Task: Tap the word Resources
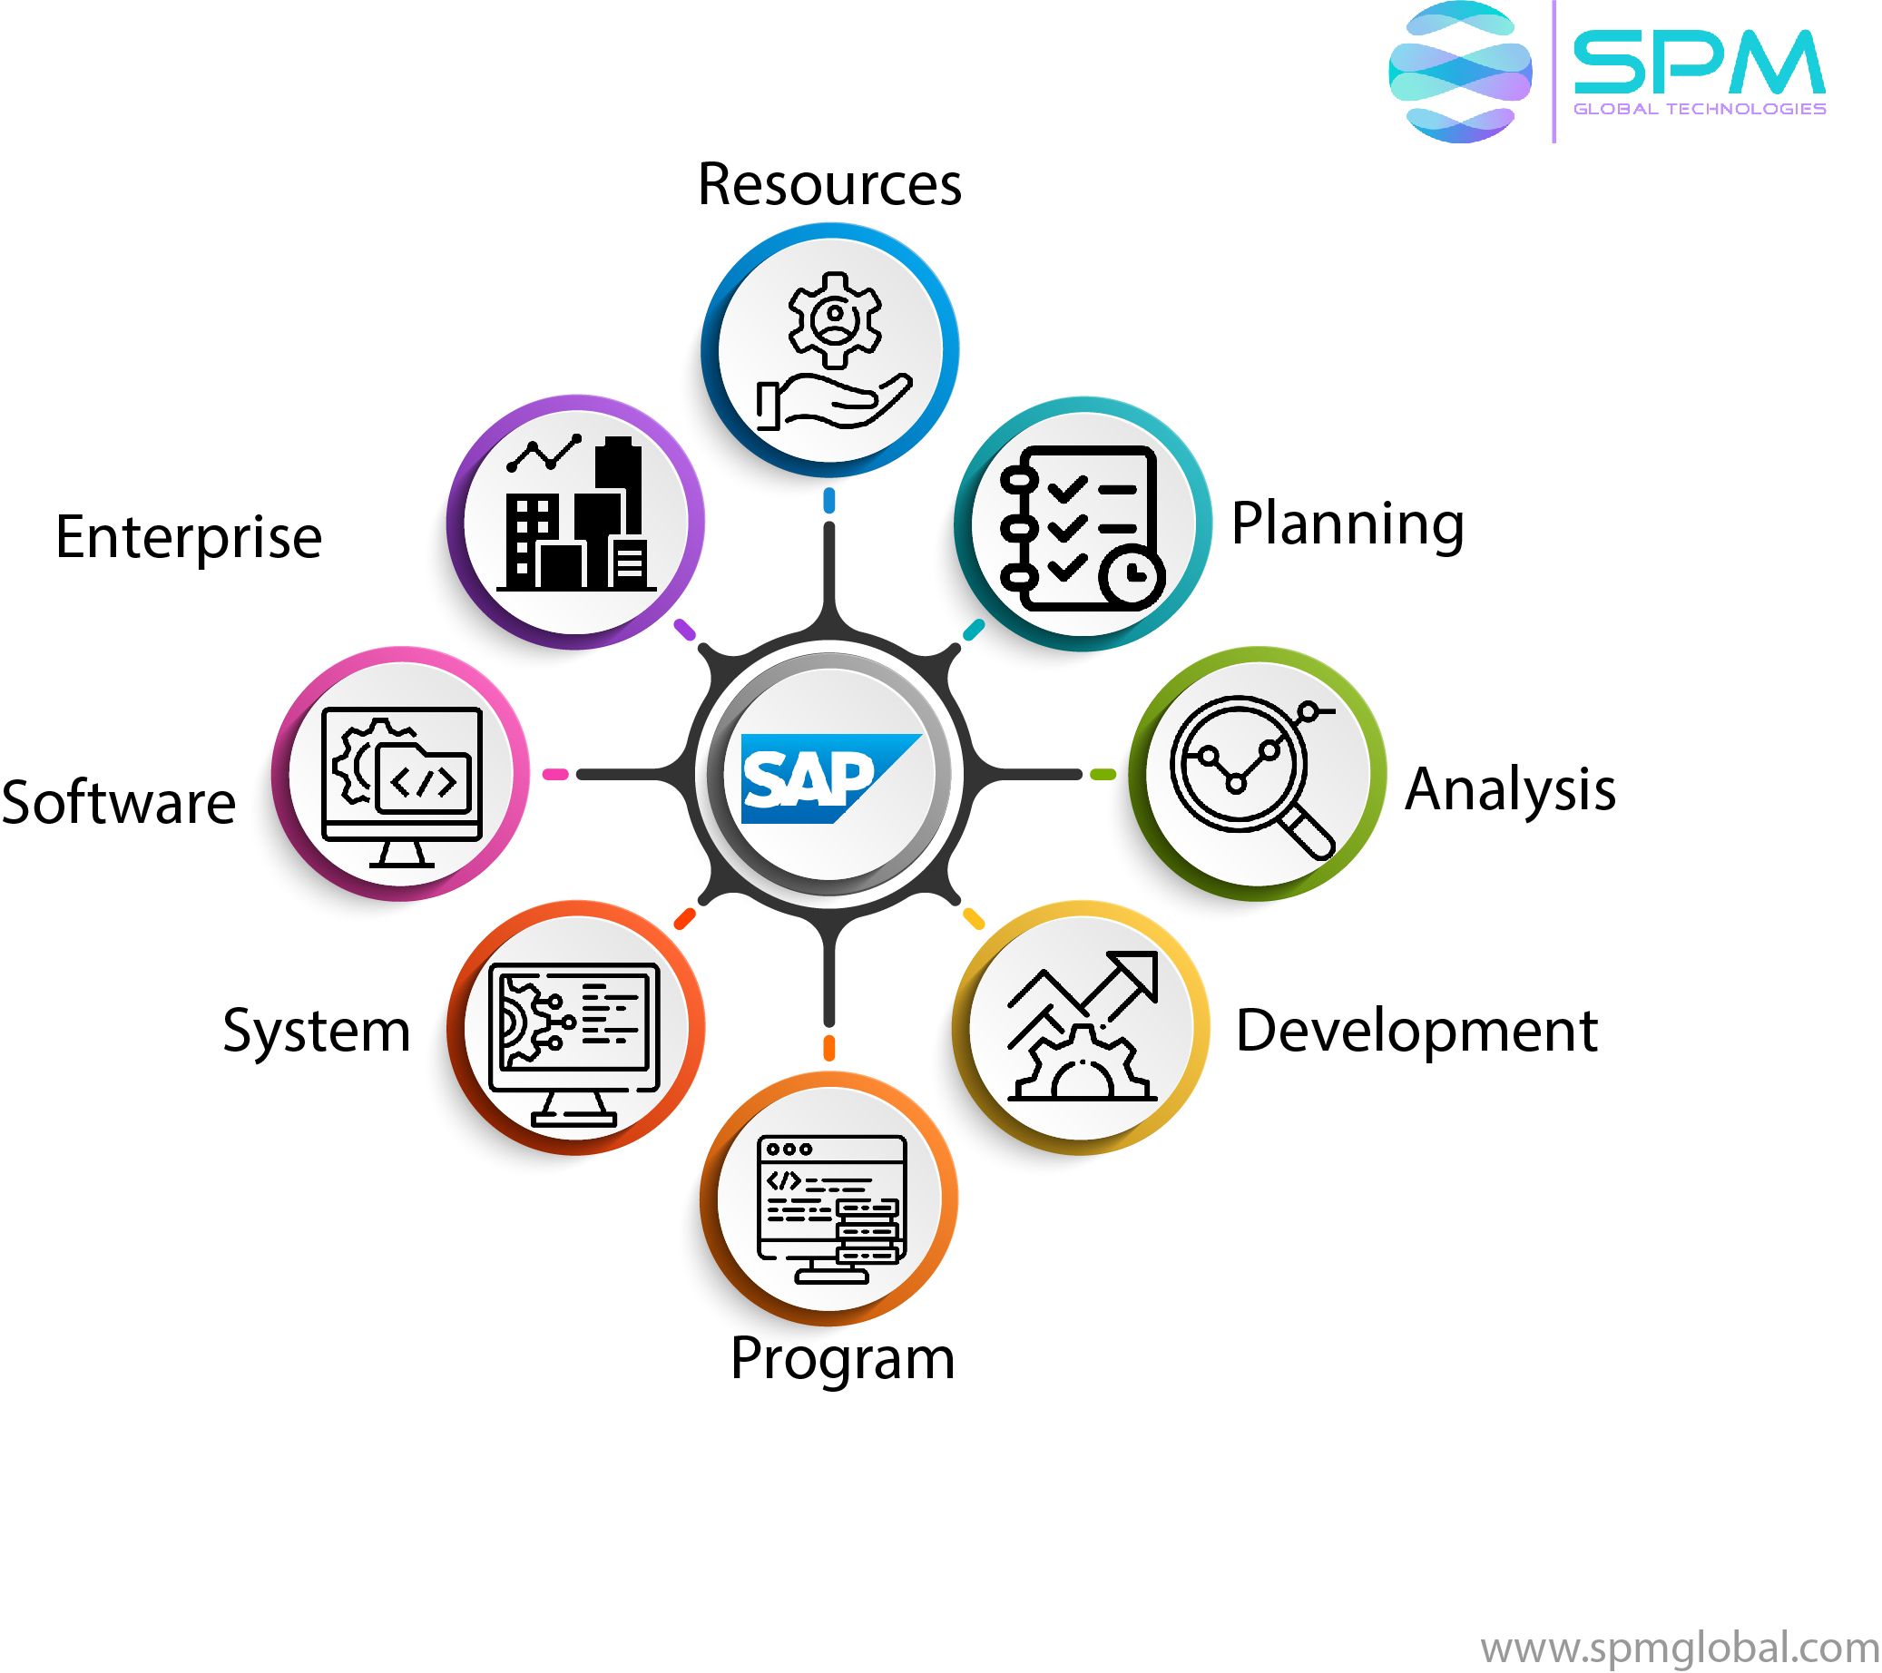coord(828,184)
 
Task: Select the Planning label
coord(1347,523)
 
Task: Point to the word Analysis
coord(1510,789)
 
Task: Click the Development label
coord(1416,1031)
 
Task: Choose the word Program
coord(841,1358)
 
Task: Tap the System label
coord(317,1031)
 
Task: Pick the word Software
coord(119,802)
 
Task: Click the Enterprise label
coord(189,537)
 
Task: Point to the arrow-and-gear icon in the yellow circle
coord(1082,1027)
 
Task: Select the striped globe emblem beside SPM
coord(1459,72)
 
